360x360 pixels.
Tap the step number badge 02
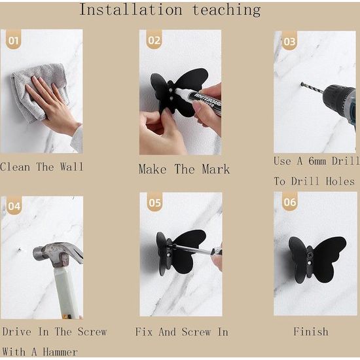pyautogui.click(x=154, y=39)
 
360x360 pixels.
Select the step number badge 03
pyautogui.click(x=289, y=41)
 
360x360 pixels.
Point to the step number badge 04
pyautogui.click(x=14, y=206)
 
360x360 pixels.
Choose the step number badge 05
pyautogui.click(x=154, y=202)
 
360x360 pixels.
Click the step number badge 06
pyautogui.click(x=290, y=201)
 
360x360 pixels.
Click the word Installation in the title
pyautogui.click(x=131, y=10)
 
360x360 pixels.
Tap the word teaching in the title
pyautogui.click(x=226, y=10)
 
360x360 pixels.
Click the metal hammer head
pyautogui.click(x=58, y=254)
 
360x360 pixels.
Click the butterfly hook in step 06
pyautogui.click(x=317, y=260)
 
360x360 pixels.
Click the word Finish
pyautogui.click(x=311, y=332)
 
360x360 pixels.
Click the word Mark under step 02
pyautogui.click(x=216, y=170)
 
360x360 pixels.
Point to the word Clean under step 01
pyautogui.click(x=15, y=167)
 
